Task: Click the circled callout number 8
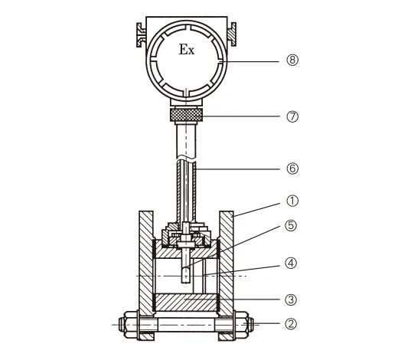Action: click(292, 60)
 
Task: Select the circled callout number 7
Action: click(292, 116)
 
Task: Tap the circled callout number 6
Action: click(292, 169)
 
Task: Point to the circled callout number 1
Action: click(292, 201)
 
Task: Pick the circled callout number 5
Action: click(291, 226)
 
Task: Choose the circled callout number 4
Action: click(291, 263)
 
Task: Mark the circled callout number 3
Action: click(291, 299)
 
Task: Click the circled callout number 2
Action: click(291, 324)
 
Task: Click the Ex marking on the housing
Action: click(187, 50)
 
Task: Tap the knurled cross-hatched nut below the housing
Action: click(186, 114)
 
